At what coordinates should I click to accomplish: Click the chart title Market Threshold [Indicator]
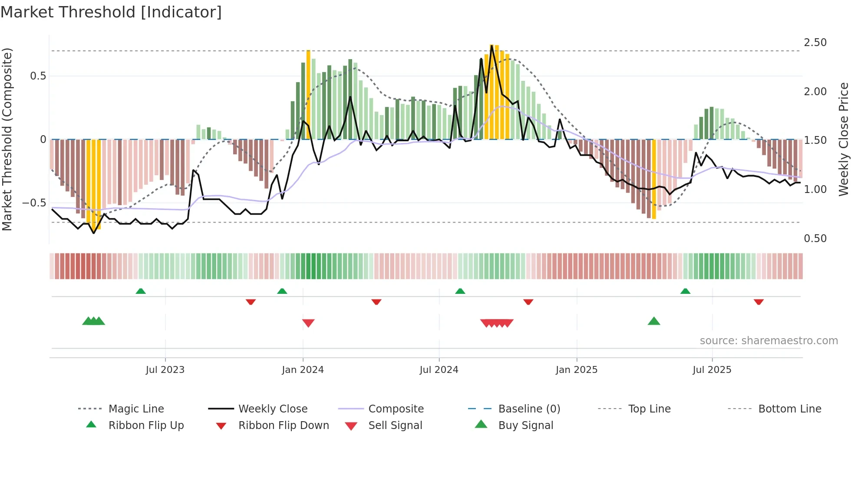111,12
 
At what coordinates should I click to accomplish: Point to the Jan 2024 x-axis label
303,370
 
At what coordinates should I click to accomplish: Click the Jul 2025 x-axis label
712,370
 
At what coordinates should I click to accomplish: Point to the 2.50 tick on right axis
815,43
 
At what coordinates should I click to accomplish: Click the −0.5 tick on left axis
34,203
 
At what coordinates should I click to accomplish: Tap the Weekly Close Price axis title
843,139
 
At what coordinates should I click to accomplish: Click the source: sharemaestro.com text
769,341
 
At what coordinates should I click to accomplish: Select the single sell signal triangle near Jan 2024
308,323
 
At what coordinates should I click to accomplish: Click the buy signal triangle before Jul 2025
654,322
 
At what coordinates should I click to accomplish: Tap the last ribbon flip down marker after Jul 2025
759,302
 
